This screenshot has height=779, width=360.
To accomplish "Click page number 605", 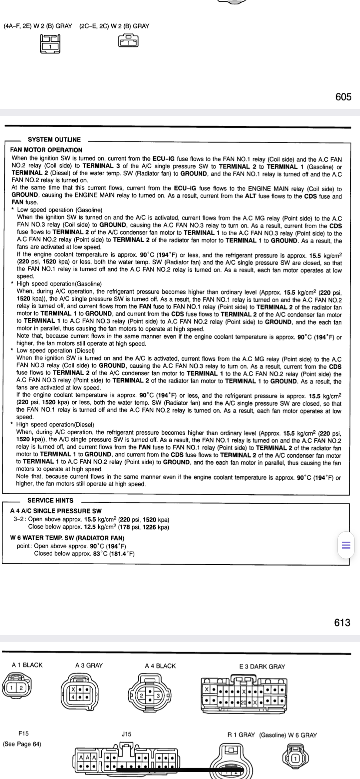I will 343,97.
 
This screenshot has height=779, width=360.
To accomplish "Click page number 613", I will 342,623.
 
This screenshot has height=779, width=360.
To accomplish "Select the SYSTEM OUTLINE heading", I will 54,140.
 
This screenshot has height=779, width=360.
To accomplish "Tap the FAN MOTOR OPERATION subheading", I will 46,150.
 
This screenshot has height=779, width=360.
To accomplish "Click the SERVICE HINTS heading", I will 50,500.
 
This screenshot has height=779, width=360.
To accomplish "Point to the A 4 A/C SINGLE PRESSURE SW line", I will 56,511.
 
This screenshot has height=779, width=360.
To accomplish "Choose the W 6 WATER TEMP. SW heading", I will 67,538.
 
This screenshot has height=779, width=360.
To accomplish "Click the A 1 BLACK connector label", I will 27,665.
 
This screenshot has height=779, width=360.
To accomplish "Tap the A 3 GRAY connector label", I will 89,665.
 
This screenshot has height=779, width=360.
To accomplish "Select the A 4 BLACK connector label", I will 160,666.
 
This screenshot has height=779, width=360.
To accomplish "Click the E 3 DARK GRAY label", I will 262,666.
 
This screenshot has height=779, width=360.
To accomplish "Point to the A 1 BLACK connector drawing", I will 16,687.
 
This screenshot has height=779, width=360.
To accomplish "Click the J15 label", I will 126,734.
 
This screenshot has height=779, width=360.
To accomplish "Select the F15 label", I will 23,733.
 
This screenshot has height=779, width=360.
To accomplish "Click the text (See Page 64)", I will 22,744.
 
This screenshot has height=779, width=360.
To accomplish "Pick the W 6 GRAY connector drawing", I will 296,759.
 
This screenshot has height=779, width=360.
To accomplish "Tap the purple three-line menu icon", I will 346,545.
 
